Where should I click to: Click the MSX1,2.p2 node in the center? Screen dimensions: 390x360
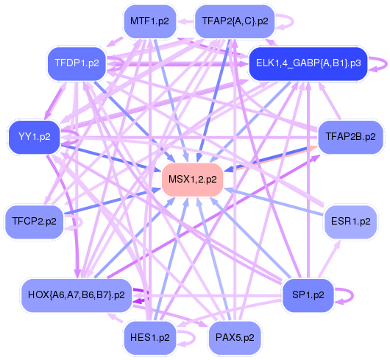pyautogui.click(x=193, y=180)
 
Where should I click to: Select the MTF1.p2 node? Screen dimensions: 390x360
pyautogui.click(x=149, y=21)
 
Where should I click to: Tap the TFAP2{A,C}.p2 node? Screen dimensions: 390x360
pyautogui.click(x=235, y=21)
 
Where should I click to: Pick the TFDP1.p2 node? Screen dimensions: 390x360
pyautogui.click(x=77, y=63)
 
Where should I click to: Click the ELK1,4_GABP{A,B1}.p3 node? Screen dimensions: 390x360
pyautogui.click(x=308, y=63)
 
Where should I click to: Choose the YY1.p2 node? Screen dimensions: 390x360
pyautogui.click(x=35, y=137)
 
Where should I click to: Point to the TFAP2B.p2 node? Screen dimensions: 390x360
pyautogui.click(x=350, y=137)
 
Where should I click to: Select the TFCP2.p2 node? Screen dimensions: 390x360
pyautogui.click(x=35, y=222)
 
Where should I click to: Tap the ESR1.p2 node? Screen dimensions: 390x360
pyautogui.click(x=350, y=222)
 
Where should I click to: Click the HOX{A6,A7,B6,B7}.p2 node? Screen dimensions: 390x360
pyautogui.click(x=77, y=295)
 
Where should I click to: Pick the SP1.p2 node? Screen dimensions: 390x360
pyautogui.click(x=308, y=295)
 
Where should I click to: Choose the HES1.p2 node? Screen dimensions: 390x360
pyautogui.click(x=149, y=338)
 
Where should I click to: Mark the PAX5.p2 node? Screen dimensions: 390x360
pyautogui.click(x=235, y=338)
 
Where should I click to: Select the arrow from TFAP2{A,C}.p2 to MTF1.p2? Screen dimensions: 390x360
pyautogui.click(x=185, y=21)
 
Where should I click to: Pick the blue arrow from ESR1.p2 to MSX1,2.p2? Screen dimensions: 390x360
pyautogui.click(x=274, y=202)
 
